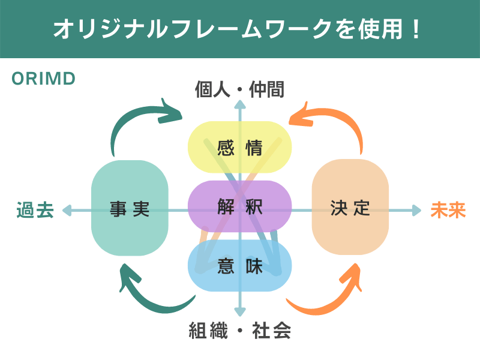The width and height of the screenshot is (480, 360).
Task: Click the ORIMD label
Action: click(x=43, y=79)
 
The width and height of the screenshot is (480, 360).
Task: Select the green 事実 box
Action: click(x=130, y=208)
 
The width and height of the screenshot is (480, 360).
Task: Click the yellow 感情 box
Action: click(x=239, y=148)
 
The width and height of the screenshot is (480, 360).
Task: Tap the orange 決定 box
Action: click(x=350, y=208)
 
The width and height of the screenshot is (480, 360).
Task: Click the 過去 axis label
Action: click(x=35, y=210)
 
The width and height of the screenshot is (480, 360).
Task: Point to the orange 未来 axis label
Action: click(x=448, y=210)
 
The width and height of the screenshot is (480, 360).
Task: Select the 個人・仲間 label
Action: click(x=239, y=90)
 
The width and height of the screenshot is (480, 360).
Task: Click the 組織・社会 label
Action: click(x=239, y=331)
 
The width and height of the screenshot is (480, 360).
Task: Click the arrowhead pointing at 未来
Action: click(x=416, y=210)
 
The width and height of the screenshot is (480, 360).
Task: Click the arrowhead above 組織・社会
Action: click(x=240, y=312)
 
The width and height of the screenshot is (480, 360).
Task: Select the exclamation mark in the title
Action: click(x=416, y=29)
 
